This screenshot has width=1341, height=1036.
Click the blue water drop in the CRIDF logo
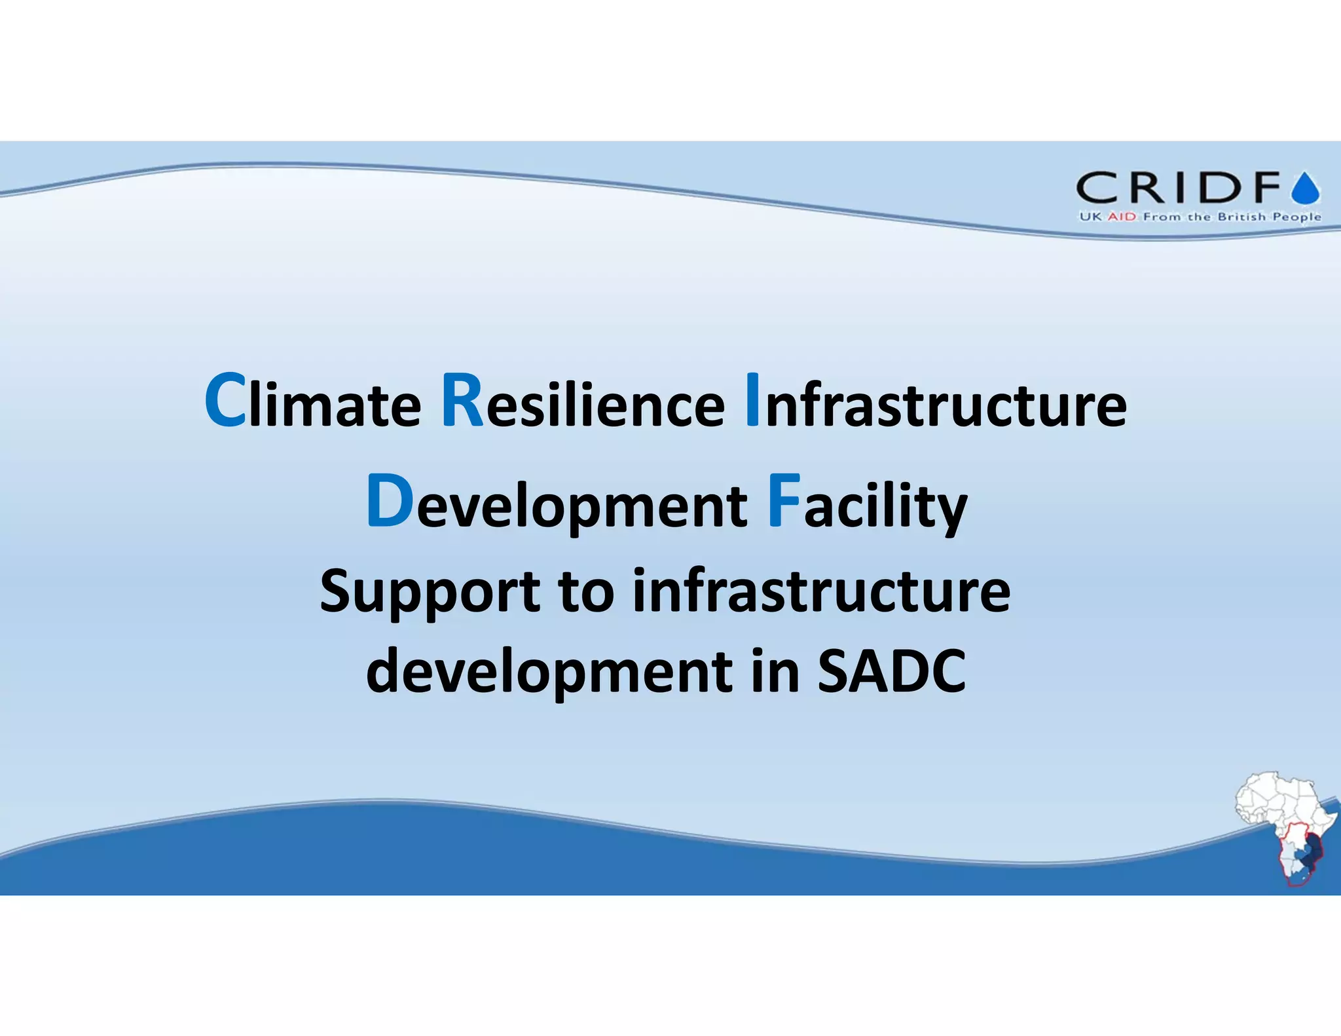[x=1306, y=189]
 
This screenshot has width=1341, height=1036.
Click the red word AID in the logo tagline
[x=1122, y=217]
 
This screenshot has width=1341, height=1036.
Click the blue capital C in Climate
[x=225, y=401]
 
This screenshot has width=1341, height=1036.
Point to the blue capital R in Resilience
[x=462, y=401]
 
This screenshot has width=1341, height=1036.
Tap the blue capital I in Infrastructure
[x=752, y=401]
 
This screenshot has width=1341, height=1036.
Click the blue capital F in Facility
[x=783, y=501]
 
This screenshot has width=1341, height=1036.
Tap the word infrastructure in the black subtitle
[x=821, y=591]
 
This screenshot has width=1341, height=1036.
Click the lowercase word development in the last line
[x=549, y=673]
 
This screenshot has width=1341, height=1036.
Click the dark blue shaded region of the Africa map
[x=1310, y=857]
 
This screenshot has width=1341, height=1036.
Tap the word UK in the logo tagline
[x=1090, y=217]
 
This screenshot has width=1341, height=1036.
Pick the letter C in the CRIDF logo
[x=1097, y=188]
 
